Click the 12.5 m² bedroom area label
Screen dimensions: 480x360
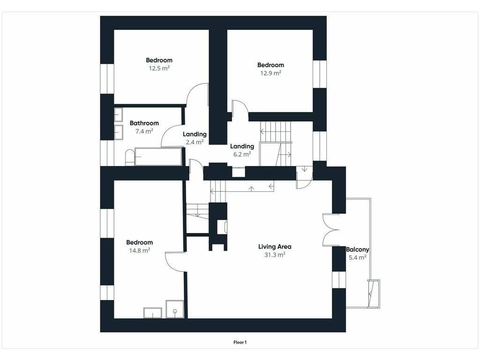coord(159,68)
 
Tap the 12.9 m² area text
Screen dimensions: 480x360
coord(270,73)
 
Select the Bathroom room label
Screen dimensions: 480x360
coord(144,123)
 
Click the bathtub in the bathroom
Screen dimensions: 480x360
coord(158,157)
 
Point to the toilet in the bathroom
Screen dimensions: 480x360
coord(129,157)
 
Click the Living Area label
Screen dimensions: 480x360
coord(275,247)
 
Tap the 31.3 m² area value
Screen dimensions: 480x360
coord(275,255)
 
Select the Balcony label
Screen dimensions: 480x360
coord(357,249)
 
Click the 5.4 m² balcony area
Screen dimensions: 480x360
coord(357,257)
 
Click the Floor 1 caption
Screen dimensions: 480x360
coord(240,342)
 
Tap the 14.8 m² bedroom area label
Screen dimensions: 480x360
coord(139,250)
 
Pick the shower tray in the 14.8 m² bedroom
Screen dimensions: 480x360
coord(175,309)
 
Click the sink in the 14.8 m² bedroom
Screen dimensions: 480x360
coord(152,313)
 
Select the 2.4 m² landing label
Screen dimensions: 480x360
coord(195,142)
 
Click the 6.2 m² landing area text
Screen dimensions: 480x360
coord(242,154)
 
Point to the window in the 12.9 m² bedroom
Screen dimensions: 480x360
coord(319,74)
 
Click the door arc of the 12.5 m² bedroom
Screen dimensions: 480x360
coord(192,89)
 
